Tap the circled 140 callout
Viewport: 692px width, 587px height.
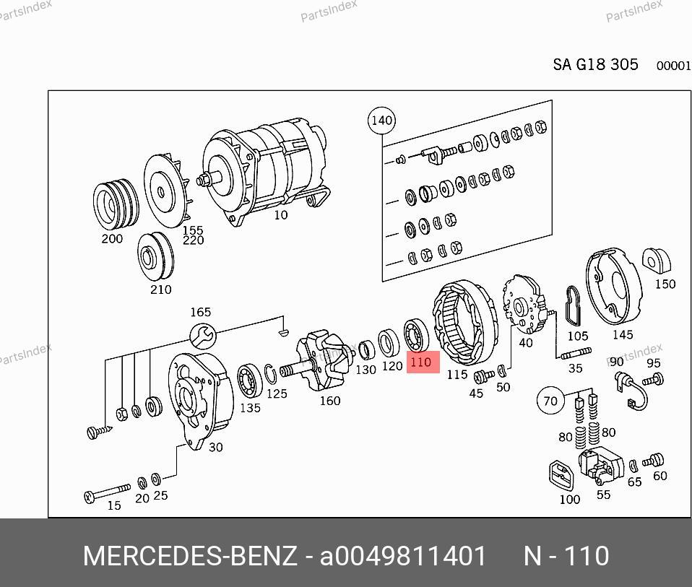(381, 121)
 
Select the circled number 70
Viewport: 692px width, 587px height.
(550, 401)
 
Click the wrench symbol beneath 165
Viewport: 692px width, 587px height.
(202, 336)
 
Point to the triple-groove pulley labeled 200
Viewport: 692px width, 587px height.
(116, 204)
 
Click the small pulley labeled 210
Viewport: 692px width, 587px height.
(155, 256)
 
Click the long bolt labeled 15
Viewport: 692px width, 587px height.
(107, 493)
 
